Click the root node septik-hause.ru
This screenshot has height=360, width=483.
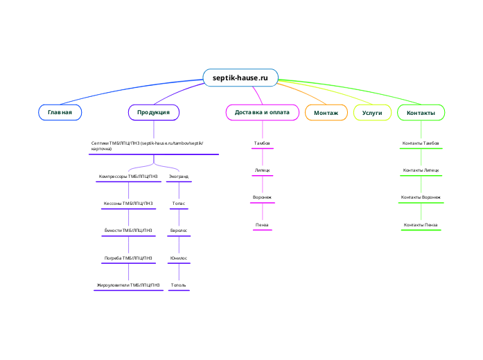pyautogui.click(x=240, y=78)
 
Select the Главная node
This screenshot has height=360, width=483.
pyautogui.click(x=60, y=112)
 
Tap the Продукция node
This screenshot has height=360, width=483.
pyautogui.click(x=154, y=112)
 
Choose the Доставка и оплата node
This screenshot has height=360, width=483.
pyautogui.click(x=263, y=112)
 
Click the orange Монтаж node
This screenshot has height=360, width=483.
pyautogui.click(x=326, y=112)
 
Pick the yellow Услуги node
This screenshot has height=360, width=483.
pyautogui.click(x=372, y=112)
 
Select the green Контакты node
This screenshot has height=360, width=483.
pyautogui.click(x=421, y=112)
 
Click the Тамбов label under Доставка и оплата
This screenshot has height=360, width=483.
pyautogui.click(x=262, y=143)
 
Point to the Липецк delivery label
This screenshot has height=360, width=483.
pyautogui.click(x=262, y=170)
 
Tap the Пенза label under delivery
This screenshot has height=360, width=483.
pyautogui.click(x=262, y=225)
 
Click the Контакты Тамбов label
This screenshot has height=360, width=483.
pyautogui.click(x=421, y=143)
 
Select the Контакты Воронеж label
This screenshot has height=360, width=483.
pyautogui.click(x=421, y=198)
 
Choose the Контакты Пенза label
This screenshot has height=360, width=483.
pyautogui.click(x=421, y=225)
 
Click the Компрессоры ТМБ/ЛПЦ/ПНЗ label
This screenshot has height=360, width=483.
pyautogui.click(x=128, y=177)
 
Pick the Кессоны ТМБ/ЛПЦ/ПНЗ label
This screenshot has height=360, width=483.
pyautogui.click(x=128, y=204)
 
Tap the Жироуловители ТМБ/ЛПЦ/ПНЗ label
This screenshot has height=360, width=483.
pyautogui.click(x=129, y=285)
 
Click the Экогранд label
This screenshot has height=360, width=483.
pyautogui.click(x=179, y=177)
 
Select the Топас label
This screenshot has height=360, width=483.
pyautogui.click(x=179, y=204)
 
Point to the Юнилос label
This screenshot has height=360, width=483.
pyautogui.click(x=179, y=258)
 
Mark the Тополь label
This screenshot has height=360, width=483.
pyautogui.click(x=179, y=285)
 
